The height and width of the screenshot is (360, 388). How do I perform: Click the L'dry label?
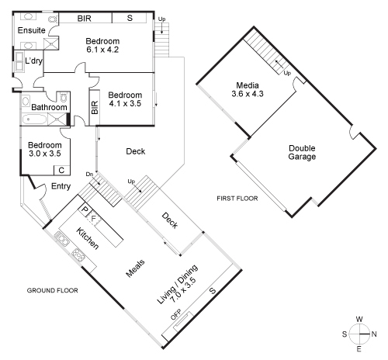[x=33, y=61]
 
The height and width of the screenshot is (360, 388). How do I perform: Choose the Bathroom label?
[x=49, y=108]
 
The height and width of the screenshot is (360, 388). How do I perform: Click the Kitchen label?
[x=87, y=238]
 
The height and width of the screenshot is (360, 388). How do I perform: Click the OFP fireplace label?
[x=176, y=316]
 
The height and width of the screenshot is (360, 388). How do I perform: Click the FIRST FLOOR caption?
[x=237, y=199]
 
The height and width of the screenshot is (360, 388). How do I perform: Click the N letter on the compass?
[x=374, y=334]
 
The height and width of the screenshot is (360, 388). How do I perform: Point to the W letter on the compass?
[x=359, y=319]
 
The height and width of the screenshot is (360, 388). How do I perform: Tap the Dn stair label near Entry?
[x=90, y=174]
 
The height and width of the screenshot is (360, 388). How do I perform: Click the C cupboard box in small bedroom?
[x=59, y=170]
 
